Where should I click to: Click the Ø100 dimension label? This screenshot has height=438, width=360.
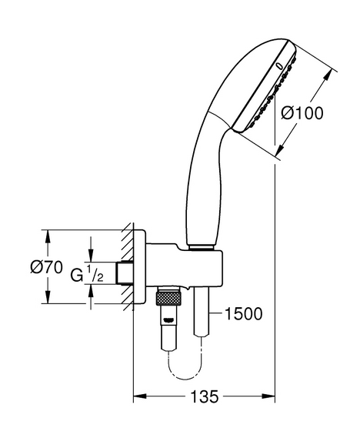point(302,113)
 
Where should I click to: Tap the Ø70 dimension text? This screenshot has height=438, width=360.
point(47,267)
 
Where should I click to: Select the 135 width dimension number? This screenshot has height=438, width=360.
point(205,396)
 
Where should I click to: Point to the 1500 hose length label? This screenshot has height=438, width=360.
point(244,314)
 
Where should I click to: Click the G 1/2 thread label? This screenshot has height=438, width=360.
point(87,275)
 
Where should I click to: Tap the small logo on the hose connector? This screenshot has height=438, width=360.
point(169,321)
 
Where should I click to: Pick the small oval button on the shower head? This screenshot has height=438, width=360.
point(279,66)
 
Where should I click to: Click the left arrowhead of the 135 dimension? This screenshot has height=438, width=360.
point(140,396)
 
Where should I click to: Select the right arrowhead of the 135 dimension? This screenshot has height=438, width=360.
point(268,396)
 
